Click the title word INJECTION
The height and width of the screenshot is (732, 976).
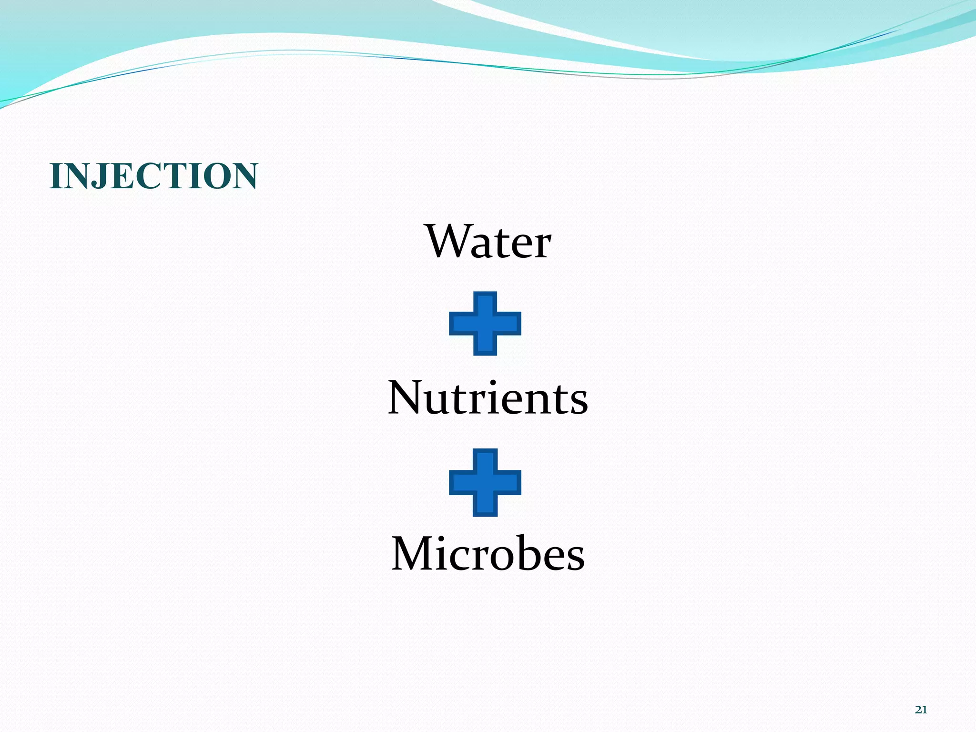(x=153, y=176)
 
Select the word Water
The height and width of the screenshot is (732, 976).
(x=488, y=242)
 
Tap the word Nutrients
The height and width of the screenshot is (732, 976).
(x=488, y=398)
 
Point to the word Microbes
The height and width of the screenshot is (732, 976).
(x=488, y=554)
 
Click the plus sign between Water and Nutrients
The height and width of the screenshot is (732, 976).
(x=485, y=324)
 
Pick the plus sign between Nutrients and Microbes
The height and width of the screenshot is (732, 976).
(x=485, y=482)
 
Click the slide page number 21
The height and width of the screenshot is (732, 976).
(x=921, y=710)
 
